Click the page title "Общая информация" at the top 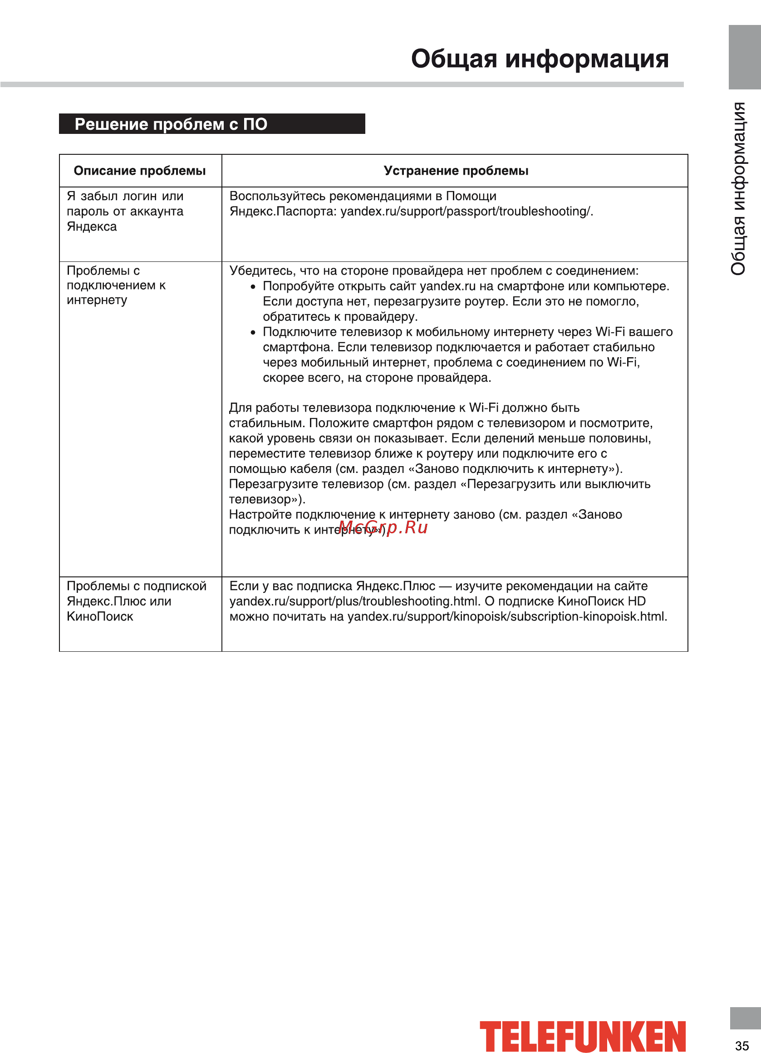(540, 59)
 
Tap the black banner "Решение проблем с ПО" (212, 124)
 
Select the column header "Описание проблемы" (140, 171)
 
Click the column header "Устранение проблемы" (456, 171)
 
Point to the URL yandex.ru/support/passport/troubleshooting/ (466, 211)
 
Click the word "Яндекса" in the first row (92, 226)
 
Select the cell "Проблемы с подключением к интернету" (116, 285)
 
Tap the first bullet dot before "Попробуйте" (253, 287)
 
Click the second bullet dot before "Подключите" (253, 332)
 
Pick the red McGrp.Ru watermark (383, 527)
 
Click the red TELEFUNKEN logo (582, 1036)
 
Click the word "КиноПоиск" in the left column (100, 616)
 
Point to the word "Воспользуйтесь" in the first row (277, 196)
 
